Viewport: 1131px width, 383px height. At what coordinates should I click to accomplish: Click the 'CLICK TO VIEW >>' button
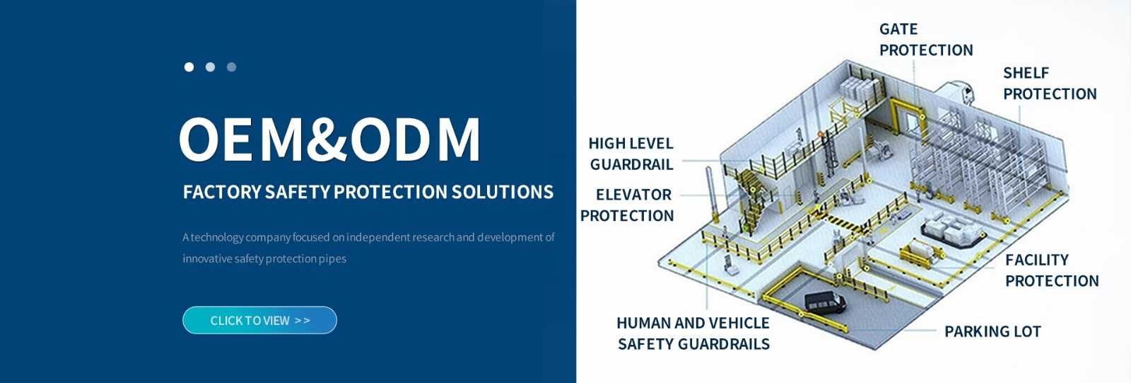(x=259, y=320)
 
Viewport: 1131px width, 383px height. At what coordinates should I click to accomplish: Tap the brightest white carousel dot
(x=189, y=67)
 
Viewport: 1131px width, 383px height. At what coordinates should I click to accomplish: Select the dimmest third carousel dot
(x=231, y=67)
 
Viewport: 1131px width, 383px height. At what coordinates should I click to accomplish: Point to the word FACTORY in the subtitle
(x=222, y=193)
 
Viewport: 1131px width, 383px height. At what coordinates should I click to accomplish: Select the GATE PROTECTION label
(x=926, y=40)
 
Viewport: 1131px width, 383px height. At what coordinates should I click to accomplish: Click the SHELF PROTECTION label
(x=1050, y=84)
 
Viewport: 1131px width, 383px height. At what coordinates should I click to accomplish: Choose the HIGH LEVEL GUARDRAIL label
(x=631, y=154)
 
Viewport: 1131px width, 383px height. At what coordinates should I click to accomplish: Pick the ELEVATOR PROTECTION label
(x=626, y=205)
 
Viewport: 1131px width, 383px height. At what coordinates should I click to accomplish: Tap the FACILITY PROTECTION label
(x=1052, y=270)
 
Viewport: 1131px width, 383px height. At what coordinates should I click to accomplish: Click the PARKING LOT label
(x=992, y=331)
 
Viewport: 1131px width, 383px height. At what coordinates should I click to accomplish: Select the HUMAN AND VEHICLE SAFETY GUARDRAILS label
(x=693, y=333)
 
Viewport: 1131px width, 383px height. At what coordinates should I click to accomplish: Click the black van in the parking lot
(x=825, y=302)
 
